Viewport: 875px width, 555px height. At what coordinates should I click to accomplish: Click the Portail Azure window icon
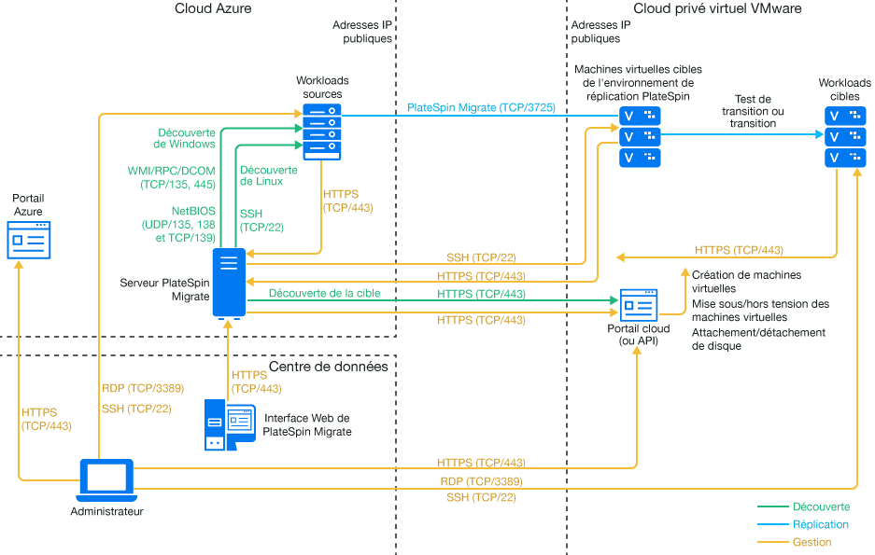[30, 240]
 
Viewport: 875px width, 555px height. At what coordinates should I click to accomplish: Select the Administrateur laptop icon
[106, 479]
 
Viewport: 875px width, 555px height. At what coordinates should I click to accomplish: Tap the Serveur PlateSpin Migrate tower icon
[229, 283]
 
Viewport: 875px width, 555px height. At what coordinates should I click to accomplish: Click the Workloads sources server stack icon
[322, 132]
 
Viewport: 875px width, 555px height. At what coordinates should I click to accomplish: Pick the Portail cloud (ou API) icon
[639, 304]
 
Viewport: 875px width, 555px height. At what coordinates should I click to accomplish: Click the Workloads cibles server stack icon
[844, 136]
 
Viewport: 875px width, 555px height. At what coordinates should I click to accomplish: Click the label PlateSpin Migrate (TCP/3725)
[481, 108]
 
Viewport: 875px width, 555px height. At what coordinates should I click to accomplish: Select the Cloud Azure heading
[213, 8]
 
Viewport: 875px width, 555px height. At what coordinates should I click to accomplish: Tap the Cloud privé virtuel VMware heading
[717, 8]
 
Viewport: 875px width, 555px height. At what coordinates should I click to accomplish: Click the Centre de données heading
[328, 367]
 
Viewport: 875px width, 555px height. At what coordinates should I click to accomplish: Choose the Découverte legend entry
[821, 506]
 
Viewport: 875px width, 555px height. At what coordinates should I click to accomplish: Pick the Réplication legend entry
[820, 524]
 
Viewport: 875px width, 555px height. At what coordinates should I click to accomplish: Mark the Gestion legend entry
[811, 542]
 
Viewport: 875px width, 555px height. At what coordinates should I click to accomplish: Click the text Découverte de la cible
[324, 293]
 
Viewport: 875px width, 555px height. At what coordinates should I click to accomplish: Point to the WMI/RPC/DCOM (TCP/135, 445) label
[171, 178]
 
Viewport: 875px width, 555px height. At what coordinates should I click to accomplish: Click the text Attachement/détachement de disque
[758, 340]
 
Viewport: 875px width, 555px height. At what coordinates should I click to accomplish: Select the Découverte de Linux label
[269, 175]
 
